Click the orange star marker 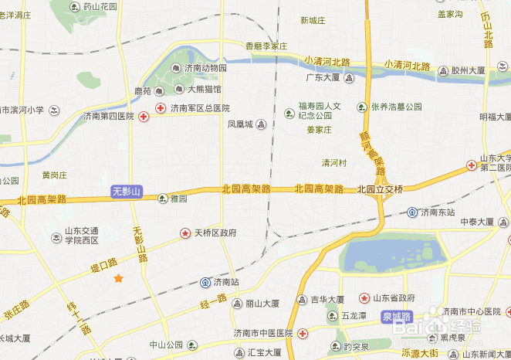(118, 278)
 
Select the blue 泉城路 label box (397, 317)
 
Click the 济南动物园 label (205, 68)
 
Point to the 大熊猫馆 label (204, 90)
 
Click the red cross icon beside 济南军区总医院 (161, 107)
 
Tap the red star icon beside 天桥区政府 (184, 233)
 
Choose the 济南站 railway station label (226, 282)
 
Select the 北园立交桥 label (380, 189)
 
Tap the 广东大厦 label (323, 77)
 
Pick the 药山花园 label (100, 7)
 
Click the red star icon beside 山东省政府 (364, 297)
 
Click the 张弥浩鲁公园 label (396, 107)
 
